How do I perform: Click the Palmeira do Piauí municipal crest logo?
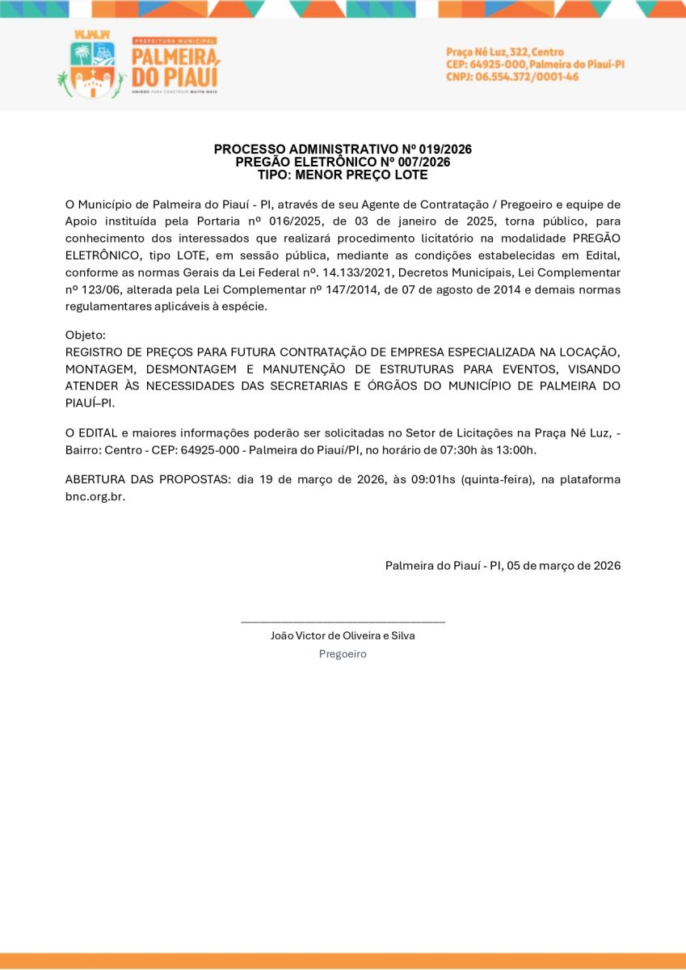click(x=91, y=66)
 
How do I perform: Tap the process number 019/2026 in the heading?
click(x=444, y=150)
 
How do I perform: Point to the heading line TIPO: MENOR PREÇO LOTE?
click(x=343, y=175)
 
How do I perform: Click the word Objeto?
click(x=86, y=335)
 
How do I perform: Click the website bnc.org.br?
click(x=95, y=496)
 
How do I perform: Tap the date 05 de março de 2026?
click(x=564, y=566)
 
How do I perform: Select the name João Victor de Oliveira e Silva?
click(x=343, y=635)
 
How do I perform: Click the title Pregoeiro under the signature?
click(x=343, y=654)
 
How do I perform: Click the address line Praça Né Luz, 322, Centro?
click(x=505, y=53)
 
